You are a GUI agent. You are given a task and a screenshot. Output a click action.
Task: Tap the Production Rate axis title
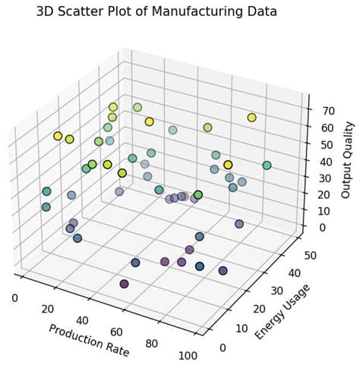coord(89,340)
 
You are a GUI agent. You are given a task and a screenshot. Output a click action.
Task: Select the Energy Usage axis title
coord(282,311)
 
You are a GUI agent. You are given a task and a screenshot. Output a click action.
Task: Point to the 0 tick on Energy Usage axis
coord(222,348)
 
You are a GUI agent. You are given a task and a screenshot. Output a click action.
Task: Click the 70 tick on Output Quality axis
coord(326,111)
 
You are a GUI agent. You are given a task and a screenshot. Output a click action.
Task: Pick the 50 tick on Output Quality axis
coord(326,145)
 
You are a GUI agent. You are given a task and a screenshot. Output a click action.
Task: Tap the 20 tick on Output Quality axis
coord(326,194)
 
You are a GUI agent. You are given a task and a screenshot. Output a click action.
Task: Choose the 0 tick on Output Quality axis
coord(324,227)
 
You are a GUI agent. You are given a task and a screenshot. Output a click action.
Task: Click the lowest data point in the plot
coord(125,284)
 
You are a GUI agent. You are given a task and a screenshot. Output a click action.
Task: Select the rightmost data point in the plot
coord(267,165)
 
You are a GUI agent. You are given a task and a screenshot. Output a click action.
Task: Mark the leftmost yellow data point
coord(58,137)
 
